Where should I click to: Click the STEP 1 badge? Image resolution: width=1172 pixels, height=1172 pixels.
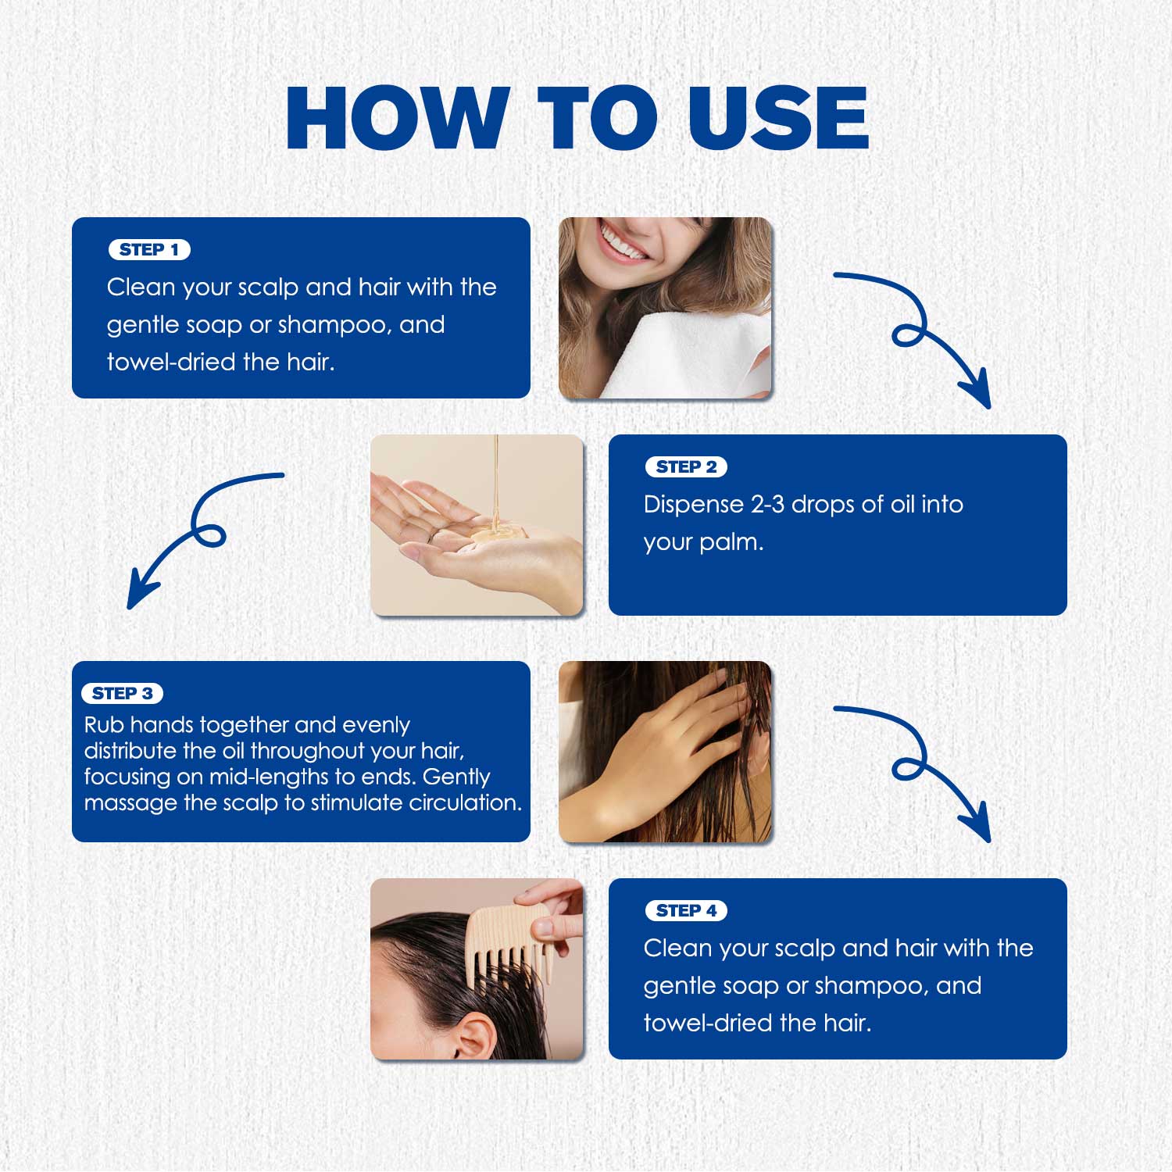[149, 250]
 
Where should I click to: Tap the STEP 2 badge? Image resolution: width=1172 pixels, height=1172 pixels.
[686, 467]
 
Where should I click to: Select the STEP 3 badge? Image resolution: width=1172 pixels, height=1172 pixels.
[122, 694]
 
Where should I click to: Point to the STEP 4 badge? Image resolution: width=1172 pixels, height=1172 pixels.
[686, 911]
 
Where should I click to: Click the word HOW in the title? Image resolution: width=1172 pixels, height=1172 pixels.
[398, 118]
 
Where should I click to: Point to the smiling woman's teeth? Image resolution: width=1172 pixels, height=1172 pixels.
[622, 241]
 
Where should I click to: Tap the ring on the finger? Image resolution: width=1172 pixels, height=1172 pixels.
[431, 536]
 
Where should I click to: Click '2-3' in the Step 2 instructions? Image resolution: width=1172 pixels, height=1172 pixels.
[767, 505]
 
